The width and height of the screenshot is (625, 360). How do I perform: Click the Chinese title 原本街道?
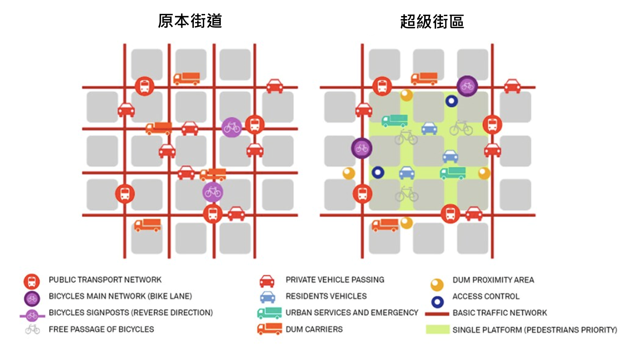[190, 21]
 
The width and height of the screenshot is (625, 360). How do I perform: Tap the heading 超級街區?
[432, 21]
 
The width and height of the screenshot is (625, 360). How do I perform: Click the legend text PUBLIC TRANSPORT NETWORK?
[105, 280]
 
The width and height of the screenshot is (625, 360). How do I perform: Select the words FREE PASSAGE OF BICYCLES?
[101, 330]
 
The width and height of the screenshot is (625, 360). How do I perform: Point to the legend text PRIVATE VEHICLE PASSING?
[335, 280]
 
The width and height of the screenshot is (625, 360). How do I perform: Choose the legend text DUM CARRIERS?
[314, 330]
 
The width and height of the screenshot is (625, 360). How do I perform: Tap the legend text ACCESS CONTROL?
[486, 296]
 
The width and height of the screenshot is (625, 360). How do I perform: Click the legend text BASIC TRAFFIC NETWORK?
[500, 313]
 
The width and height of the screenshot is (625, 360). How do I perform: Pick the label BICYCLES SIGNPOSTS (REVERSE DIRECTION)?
[130, 313]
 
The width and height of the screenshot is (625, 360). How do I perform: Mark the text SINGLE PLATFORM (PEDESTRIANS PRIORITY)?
[535, 330]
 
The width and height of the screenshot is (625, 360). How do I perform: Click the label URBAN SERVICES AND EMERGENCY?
[352, 313]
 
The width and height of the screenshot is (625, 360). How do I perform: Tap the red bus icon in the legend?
[32, 281]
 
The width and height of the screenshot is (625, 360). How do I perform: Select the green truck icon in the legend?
[269, 313]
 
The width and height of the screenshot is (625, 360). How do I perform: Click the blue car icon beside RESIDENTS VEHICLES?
[268, 297]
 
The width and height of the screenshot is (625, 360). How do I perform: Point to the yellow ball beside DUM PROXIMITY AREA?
[437, 285]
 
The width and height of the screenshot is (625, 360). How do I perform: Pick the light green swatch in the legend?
[437, 330]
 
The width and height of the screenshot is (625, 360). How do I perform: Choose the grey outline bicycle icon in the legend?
[32, 329]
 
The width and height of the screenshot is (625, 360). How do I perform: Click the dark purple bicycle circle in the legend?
[32, 299]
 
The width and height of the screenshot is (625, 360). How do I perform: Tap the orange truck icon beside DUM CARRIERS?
[270, 329]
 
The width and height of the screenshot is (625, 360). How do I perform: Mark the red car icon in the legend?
[267, 281]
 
